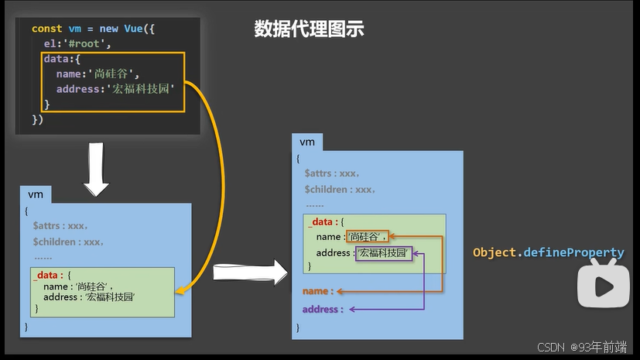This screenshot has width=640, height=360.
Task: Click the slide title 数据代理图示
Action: click(x=309, y=29)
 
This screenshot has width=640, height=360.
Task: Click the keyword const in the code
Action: click(x=46, y=29)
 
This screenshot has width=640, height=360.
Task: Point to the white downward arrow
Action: click(x=98, y=168)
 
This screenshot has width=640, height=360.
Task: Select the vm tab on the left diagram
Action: click(x=36, y=194)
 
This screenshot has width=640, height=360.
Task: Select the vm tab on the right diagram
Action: click(x=307, y=142)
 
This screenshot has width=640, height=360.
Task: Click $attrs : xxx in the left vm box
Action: click(x=60, y=226)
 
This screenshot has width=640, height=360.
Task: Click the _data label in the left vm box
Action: click(x=45, y=275)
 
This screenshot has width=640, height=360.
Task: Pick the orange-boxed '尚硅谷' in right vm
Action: click(x=367, y=237)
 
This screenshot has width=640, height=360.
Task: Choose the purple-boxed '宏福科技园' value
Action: click(x=384, y=253)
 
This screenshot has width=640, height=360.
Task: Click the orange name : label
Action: click(x=317, y=291)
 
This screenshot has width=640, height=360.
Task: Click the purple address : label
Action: click(x=321, y=309)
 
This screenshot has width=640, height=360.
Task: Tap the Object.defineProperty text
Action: click(x=548, y=252)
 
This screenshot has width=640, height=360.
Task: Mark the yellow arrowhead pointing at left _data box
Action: click(x=180, y=290)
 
